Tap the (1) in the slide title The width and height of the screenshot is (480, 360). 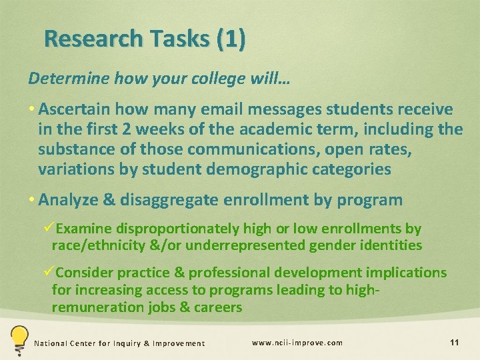click(x=231, y=39)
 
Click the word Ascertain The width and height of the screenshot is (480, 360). click(x=74, y=109)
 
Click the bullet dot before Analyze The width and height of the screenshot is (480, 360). click(x=33, y=199)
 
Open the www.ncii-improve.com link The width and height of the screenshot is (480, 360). click(x=297, y=343)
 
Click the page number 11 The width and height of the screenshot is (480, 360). click(x=454, y=343)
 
